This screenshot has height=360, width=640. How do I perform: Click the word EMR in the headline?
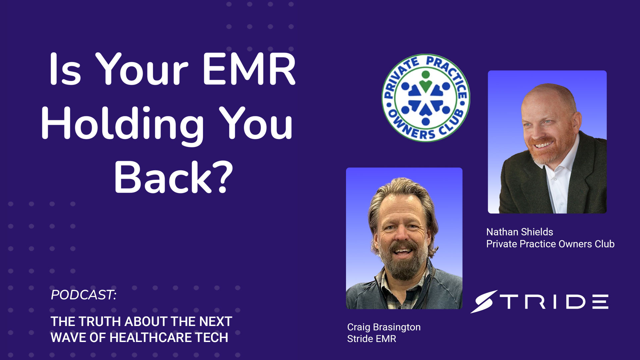click(249, 69)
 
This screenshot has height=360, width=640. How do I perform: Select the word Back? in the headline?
click(173, 177)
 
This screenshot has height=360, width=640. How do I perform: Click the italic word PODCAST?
click(84, 295)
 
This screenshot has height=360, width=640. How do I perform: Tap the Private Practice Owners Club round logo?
click(426, 98)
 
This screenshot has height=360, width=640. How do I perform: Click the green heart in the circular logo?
click(425, 85)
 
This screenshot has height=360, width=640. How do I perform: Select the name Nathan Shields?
click(520, 232)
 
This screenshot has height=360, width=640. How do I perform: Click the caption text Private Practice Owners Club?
click(550, 244)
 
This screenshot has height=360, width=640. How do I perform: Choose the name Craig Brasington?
click(384, 327)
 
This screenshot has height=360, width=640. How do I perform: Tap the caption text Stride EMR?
click(372, 339)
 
